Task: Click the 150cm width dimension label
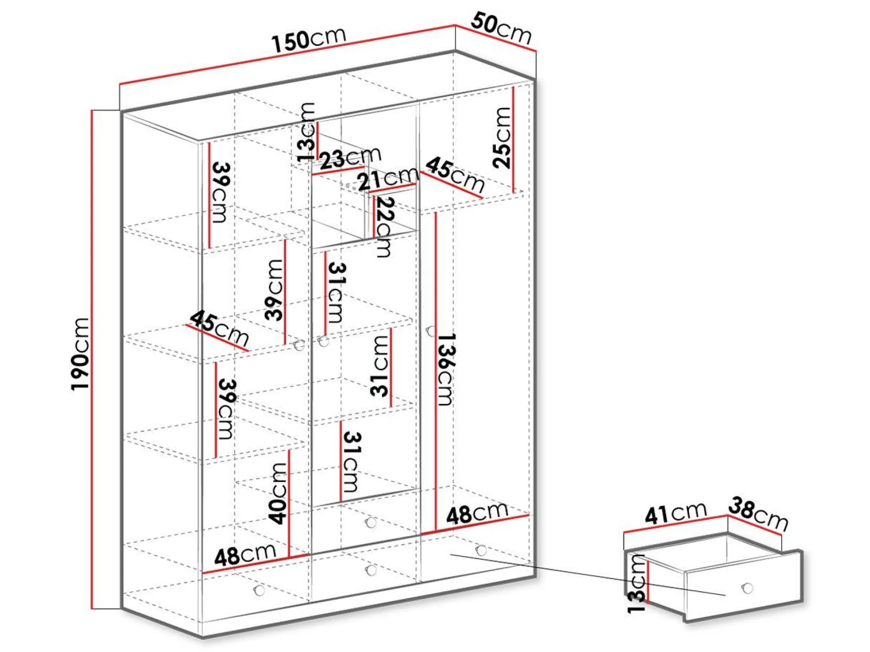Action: tap(309, 39)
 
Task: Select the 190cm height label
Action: tap(80, 354)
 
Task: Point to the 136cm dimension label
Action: tap(445, 369)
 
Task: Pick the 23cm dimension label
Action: tap(350, 157)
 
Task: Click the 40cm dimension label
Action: tap(278, 493)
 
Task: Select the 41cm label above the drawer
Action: tap(675, 513)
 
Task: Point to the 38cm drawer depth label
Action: tap(758, 514)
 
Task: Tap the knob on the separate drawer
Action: tap(747, 588)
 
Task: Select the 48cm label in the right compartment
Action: tap(477, 513)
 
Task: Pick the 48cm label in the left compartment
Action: tap(245, 554)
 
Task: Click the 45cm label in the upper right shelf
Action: tap(455, 175)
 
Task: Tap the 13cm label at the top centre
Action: tap(306, 132)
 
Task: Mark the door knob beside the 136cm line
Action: tap(431, 331)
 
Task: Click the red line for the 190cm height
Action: tap(92, 359)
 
